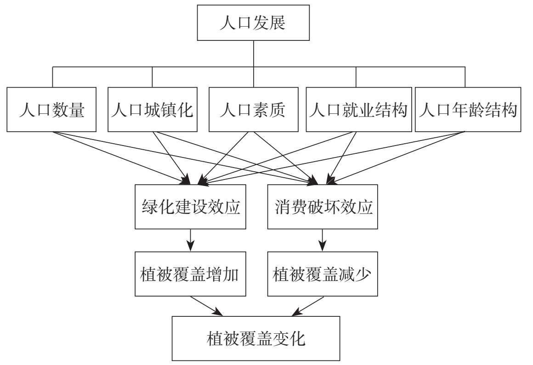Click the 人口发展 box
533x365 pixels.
(254, 23)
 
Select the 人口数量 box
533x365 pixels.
(52, 110)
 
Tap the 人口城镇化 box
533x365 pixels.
(153, 110)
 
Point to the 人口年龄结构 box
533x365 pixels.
(468, 110)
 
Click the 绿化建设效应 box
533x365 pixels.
(191, 207)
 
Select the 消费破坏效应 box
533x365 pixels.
(323, 207)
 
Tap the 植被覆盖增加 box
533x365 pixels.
(191, 274)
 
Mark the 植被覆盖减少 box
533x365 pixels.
(323, 274)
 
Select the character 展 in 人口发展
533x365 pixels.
(278, 23)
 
